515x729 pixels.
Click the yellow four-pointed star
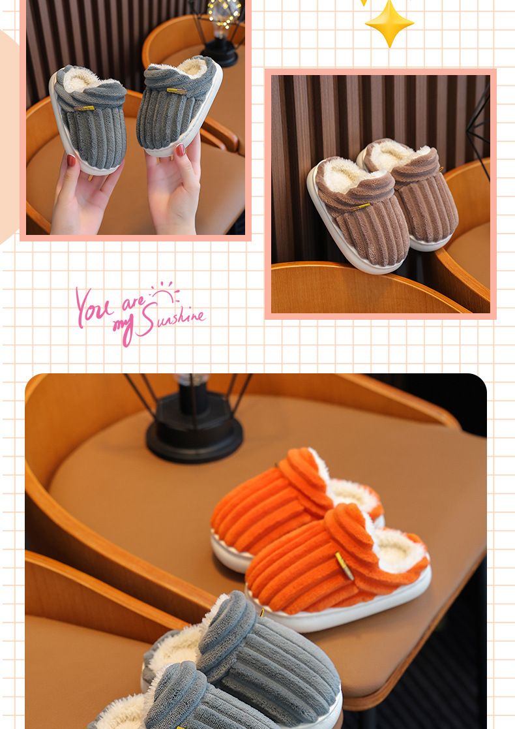389,23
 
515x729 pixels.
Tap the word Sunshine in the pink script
173,318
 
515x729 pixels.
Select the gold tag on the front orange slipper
344,565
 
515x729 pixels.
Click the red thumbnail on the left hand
72,161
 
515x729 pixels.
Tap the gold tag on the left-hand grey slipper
84,108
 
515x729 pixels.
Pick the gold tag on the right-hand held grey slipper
177,91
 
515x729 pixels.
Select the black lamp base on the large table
194,433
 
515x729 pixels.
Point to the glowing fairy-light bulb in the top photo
225,13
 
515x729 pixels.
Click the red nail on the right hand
181,149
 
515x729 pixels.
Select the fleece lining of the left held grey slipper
83,79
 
